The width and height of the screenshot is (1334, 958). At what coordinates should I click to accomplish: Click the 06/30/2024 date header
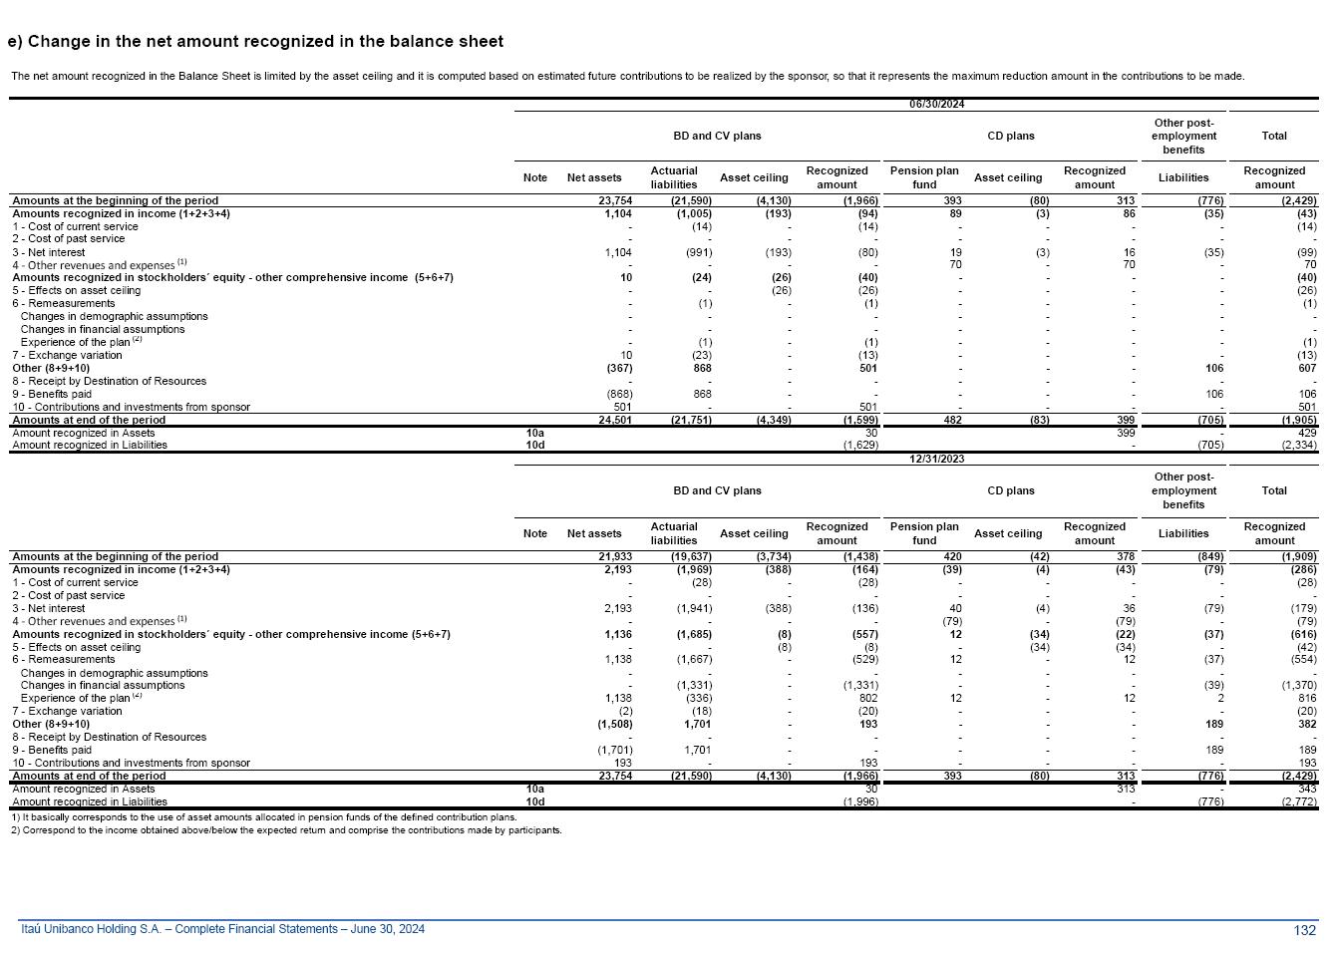[x=936, y=104]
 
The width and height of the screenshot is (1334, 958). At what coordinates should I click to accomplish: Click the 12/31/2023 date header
[x=936, y=459]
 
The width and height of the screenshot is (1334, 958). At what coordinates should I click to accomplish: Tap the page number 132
[x=1304, y=930]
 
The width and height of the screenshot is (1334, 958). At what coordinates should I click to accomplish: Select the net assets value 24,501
[x=614, y=420]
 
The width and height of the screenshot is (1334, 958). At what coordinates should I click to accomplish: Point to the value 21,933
[x=614, y=556]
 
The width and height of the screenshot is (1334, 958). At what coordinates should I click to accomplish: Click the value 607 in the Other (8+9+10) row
[x=1306, y=368]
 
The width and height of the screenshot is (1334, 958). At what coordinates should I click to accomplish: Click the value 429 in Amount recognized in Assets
[x=1306, y=433]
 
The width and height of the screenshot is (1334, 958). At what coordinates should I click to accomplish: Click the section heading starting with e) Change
[x=255, y=42]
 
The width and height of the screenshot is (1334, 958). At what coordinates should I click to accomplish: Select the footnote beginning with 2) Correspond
[x=286, y=829]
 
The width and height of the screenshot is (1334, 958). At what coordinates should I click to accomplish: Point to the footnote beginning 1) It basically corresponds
[x=263, y=816]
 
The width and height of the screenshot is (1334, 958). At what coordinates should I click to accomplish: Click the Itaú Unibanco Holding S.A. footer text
[x=223, y=929]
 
